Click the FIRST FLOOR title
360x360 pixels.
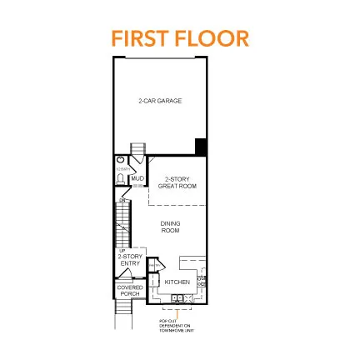180,38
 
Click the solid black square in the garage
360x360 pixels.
201,147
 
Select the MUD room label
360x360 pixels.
137,178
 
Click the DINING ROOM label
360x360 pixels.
170,226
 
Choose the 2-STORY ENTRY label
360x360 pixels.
131,261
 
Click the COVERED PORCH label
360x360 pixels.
129,291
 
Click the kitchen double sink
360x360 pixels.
177,297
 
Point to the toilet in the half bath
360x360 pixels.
121,178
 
